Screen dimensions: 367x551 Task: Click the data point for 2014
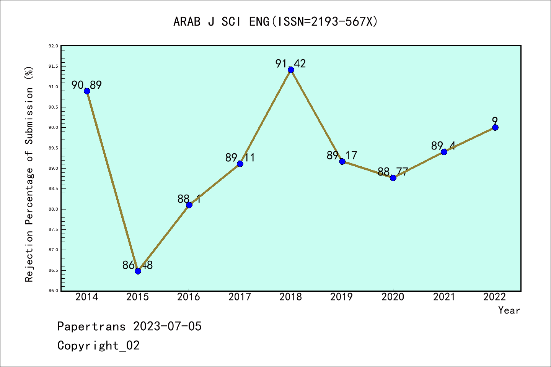pyautogui.click(x=87, y=91)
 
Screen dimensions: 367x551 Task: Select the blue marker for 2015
pyautogui.click(x=138, y=271)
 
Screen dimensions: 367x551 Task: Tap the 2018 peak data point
pyautogui.click(x=291, y=70)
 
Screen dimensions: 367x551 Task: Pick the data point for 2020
pyautogui.click(x=393, y=178)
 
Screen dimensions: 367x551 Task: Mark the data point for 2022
pyautogui.click(x=495, y=127)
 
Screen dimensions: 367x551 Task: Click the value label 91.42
pyautogui.click(x=291, y=63)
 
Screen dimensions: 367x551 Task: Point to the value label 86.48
pyautogui.click(x=138, y=265)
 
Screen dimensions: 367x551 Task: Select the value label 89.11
pyautogui.click(x=240, y=158)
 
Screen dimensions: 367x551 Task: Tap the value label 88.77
pyautogui.click(x=393, y=172)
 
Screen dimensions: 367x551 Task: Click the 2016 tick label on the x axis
pyautogui.click(x=189, y=297)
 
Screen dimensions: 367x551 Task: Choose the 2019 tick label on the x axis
pyautogui.click(x=342, y=297)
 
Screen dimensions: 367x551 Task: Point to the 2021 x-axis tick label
pyautogui.click(x=444, y=297)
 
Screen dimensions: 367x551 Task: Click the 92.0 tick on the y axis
pyautogui.click(x=53, y=46)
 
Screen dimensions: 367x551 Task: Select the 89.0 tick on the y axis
pyautogui.click(x=53, y=168)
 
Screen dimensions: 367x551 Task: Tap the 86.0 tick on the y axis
pyautogui.click(x=53, y=291)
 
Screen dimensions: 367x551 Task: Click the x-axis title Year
pyautogui.click(x=509, y=310)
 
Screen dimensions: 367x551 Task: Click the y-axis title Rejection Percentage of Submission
pyautogui.click(x=29, y=174)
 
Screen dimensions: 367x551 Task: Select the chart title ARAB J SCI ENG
pyautogui.click(x=275, y=22)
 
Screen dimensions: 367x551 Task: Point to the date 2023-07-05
pyautogui.click(x=167, y=326)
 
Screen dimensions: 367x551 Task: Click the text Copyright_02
pyautogui.click(x=98, y=346)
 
